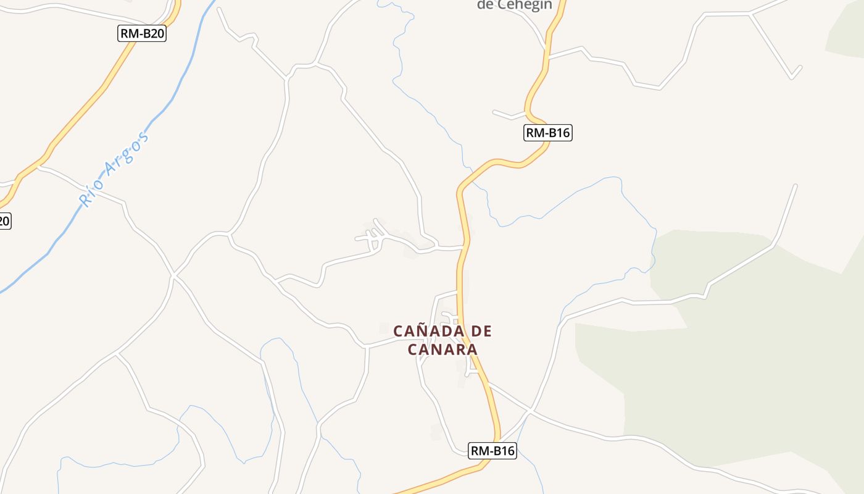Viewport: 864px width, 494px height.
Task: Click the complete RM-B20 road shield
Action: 142,33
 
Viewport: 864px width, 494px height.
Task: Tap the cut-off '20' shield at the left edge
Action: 4,220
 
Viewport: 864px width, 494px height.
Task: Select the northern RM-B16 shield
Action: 548,132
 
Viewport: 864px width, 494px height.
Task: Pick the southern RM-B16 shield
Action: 492,451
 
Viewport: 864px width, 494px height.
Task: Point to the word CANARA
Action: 442,350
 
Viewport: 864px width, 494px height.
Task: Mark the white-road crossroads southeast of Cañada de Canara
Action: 530,410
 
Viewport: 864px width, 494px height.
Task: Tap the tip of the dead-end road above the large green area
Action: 795,186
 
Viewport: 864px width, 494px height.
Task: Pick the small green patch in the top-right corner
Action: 849,34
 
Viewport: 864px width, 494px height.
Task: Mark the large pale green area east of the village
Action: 741,371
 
